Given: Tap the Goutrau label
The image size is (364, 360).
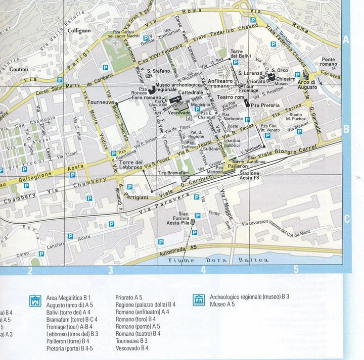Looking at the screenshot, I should (x=19, y=69).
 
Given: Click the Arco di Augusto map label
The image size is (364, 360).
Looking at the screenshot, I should (x=307, y=84).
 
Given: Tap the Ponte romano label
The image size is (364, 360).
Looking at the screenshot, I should (x=329, y=62).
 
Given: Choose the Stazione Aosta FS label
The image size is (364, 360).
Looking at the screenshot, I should (x=249, y=175).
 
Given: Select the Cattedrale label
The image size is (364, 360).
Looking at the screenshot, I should (x=190, y=93).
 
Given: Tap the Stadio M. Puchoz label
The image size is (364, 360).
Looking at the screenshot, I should (x=300, y=118).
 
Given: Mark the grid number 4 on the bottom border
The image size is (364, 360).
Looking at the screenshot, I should (x=204, y=270).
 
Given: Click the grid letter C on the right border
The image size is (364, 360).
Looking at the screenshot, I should (x=347, y=219).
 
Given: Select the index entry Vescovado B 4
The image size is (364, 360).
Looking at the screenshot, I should (x=132, y=348).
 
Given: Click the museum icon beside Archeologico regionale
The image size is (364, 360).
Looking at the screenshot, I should (x=199, y=300).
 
